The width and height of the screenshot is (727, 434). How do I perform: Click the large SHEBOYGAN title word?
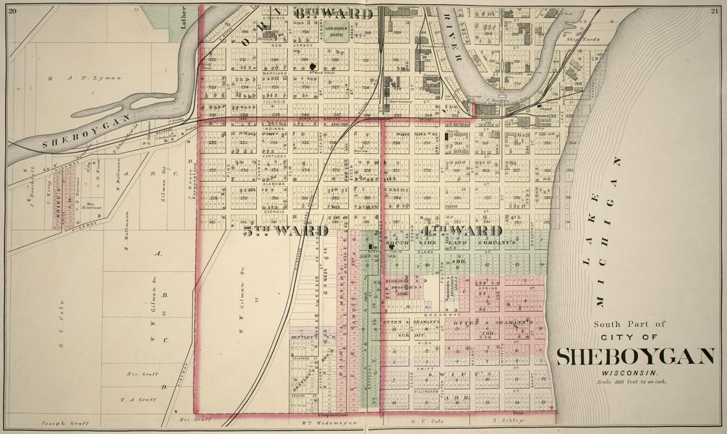coord(635,357)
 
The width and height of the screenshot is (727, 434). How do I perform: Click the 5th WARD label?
coord(286,231)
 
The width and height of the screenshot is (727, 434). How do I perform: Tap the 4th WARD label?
coord(462,231)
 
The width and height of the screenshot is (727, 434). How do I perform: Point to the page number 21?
coord(715,8)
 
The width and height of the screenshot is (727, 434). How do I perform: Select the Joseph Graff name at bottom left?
coord(60,422)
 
